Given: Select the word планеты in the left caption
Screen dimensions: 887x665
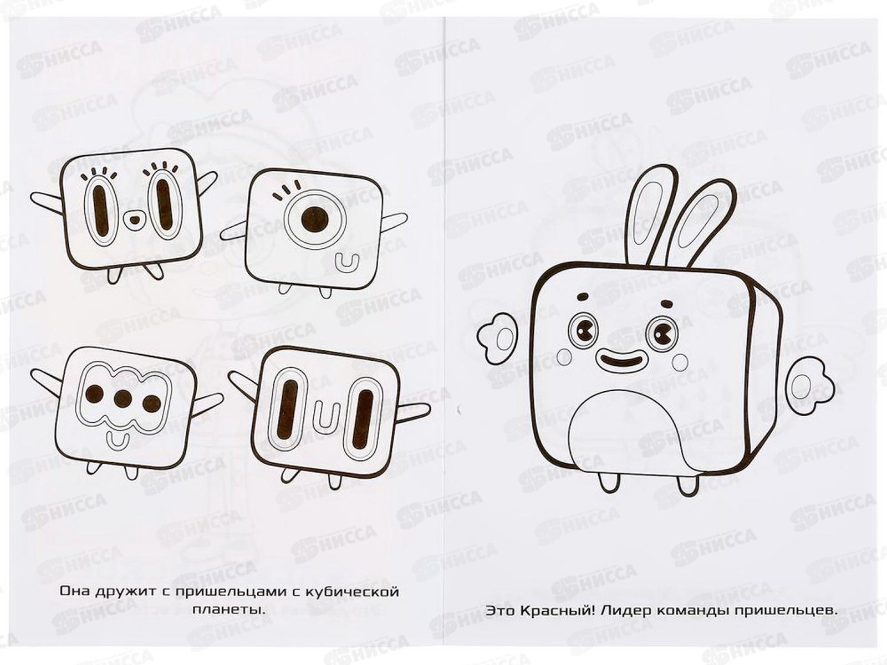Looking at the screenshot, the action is click(x=229, y=610).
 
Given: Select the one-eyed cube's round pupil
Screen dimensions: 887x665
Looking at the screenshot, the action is click(x=315, y=219).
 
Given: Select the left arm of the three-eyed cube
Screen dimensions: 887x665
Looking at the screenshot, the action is click(x=48, y=378).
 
